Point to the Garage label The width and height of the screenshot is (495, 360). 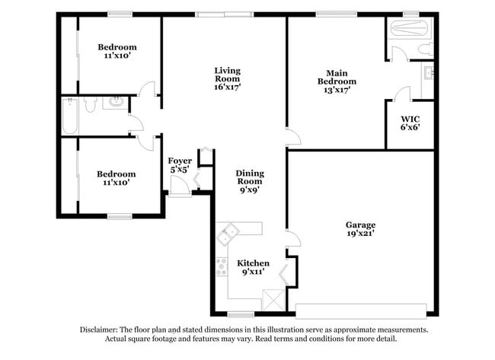pos(360,225)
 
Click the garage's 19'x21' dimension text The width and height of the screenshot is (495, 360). pos(360,234)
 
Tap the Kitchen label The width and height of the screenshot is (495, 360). pos(253,263)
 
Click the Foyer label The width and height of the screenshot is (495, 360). pos(180,161)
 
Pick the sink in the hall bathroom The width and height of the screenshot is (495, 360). pos(117,101)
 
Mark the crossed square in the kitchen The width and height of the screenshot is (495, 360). pos(271,299)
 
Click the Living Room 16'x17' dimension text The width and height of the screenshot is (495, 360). pos(227,88)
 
